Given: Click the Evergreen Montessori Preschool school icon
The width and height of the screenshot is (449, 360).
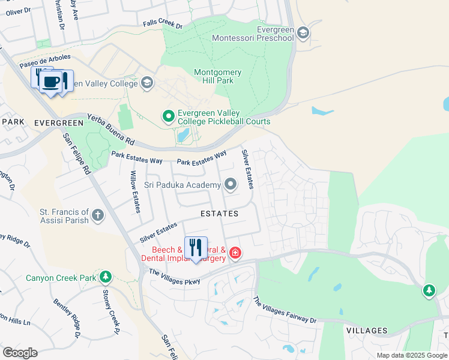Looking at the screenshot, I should tap(303, 32).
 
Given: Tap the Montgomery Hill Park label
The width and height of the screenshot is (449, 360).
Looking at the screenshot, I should tap(218, 76).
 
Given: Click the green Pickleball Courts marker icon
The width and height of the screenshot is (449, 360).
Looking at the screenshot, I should tap(169, 115).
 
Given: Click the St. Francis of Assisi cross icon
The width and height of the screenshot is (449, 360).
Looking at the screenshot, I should tap(98, 215).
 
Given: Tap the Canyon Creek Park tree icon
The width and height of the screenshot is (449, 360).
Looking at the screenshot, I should tap(106, 277).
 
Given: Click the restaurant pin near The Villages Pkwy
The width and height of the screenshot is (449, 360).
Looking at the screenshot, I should tap(196, 248).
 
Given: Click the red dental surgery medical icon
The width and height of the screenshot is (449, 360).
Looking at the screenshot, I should tap(235, 253).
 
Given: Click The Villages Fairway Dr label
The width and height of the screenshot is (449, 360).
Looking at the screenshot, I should tap(285, 310).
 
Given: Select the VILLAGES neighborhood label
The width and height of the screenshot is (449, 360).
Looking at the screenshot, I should tap(367, 331).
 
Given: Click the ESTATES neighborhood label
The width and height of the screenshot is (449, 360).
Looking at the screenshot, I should tap(219, 214).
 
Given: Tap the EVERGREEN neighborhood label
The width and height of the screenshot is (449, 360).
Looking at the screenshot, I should tap(58, 122).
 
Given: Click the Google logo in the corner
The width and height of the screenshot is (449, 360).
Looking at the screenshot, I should tap(20, 352).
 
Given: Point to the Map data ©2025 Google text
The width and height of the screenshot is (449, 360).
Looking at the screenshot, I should tap(411, 355).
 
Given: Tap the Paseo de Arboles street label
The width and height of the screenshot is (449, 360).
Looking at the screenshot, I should tap(45, 61).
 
